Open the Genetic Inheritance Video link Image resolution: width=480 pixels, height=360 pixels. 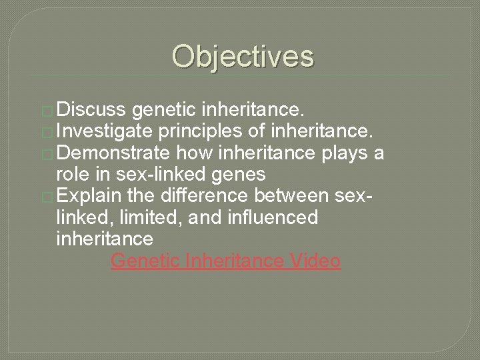pos(226,261)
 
